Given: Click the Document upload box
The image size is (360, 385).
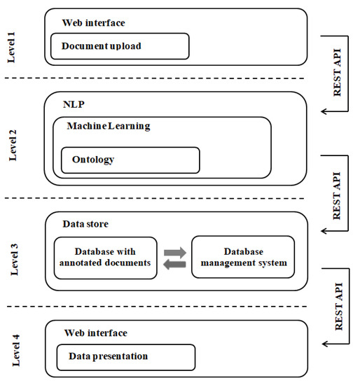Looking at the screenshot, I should pos(120,46).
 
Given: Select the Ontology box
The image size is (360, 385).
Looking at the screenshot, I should pos(130,160).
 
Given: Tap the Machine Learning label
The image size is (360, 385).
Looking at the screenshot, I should pos(109,126).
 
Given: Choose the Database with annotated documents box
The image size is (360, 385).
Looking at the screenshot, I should pos(105,258).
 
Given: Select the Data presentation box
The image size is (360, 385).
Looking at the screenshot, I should pos(125,356).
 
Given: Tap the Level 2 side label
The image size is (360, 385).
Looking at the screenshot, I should pos(12,145).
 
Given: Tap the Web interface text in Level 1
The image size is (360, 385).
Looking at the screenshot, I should pos(95,22).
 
